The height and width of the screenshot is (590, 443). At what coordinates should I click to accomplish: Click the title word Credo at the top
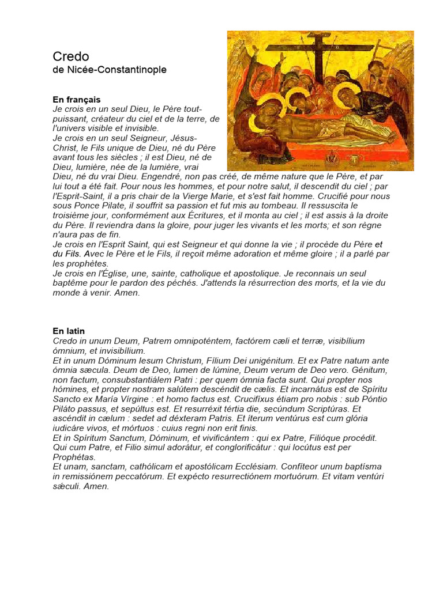[x=71, y=56]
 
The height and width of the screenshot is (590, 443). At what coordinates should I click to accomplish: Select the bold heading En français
[x=77, y=100]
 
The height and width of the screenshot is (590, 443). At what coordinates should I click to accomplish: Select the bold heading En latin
[x=69, y=331]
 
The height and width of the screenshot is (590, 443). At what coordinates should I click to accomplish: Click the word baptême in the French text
[x=72, y=283]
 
